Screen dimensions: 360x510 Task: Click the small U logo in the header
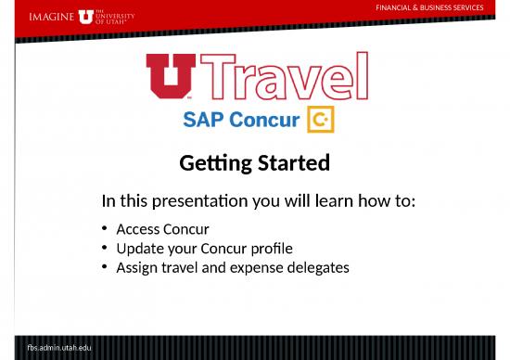pyautogui.click(x=86, y=16)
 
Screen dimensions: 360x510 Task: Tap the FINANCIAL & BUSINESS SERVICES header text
pyautogui.click(x=428, y=7)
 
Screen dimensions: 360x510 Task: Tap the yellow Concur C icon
pyautogui.click(x=320, y=120)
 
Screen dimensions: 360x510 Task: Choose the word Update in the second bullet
pyautogui.click(x=140, y=249)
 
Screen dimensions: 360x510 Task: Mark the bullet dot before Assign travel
pyautogui.click(x=106, y=268)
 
